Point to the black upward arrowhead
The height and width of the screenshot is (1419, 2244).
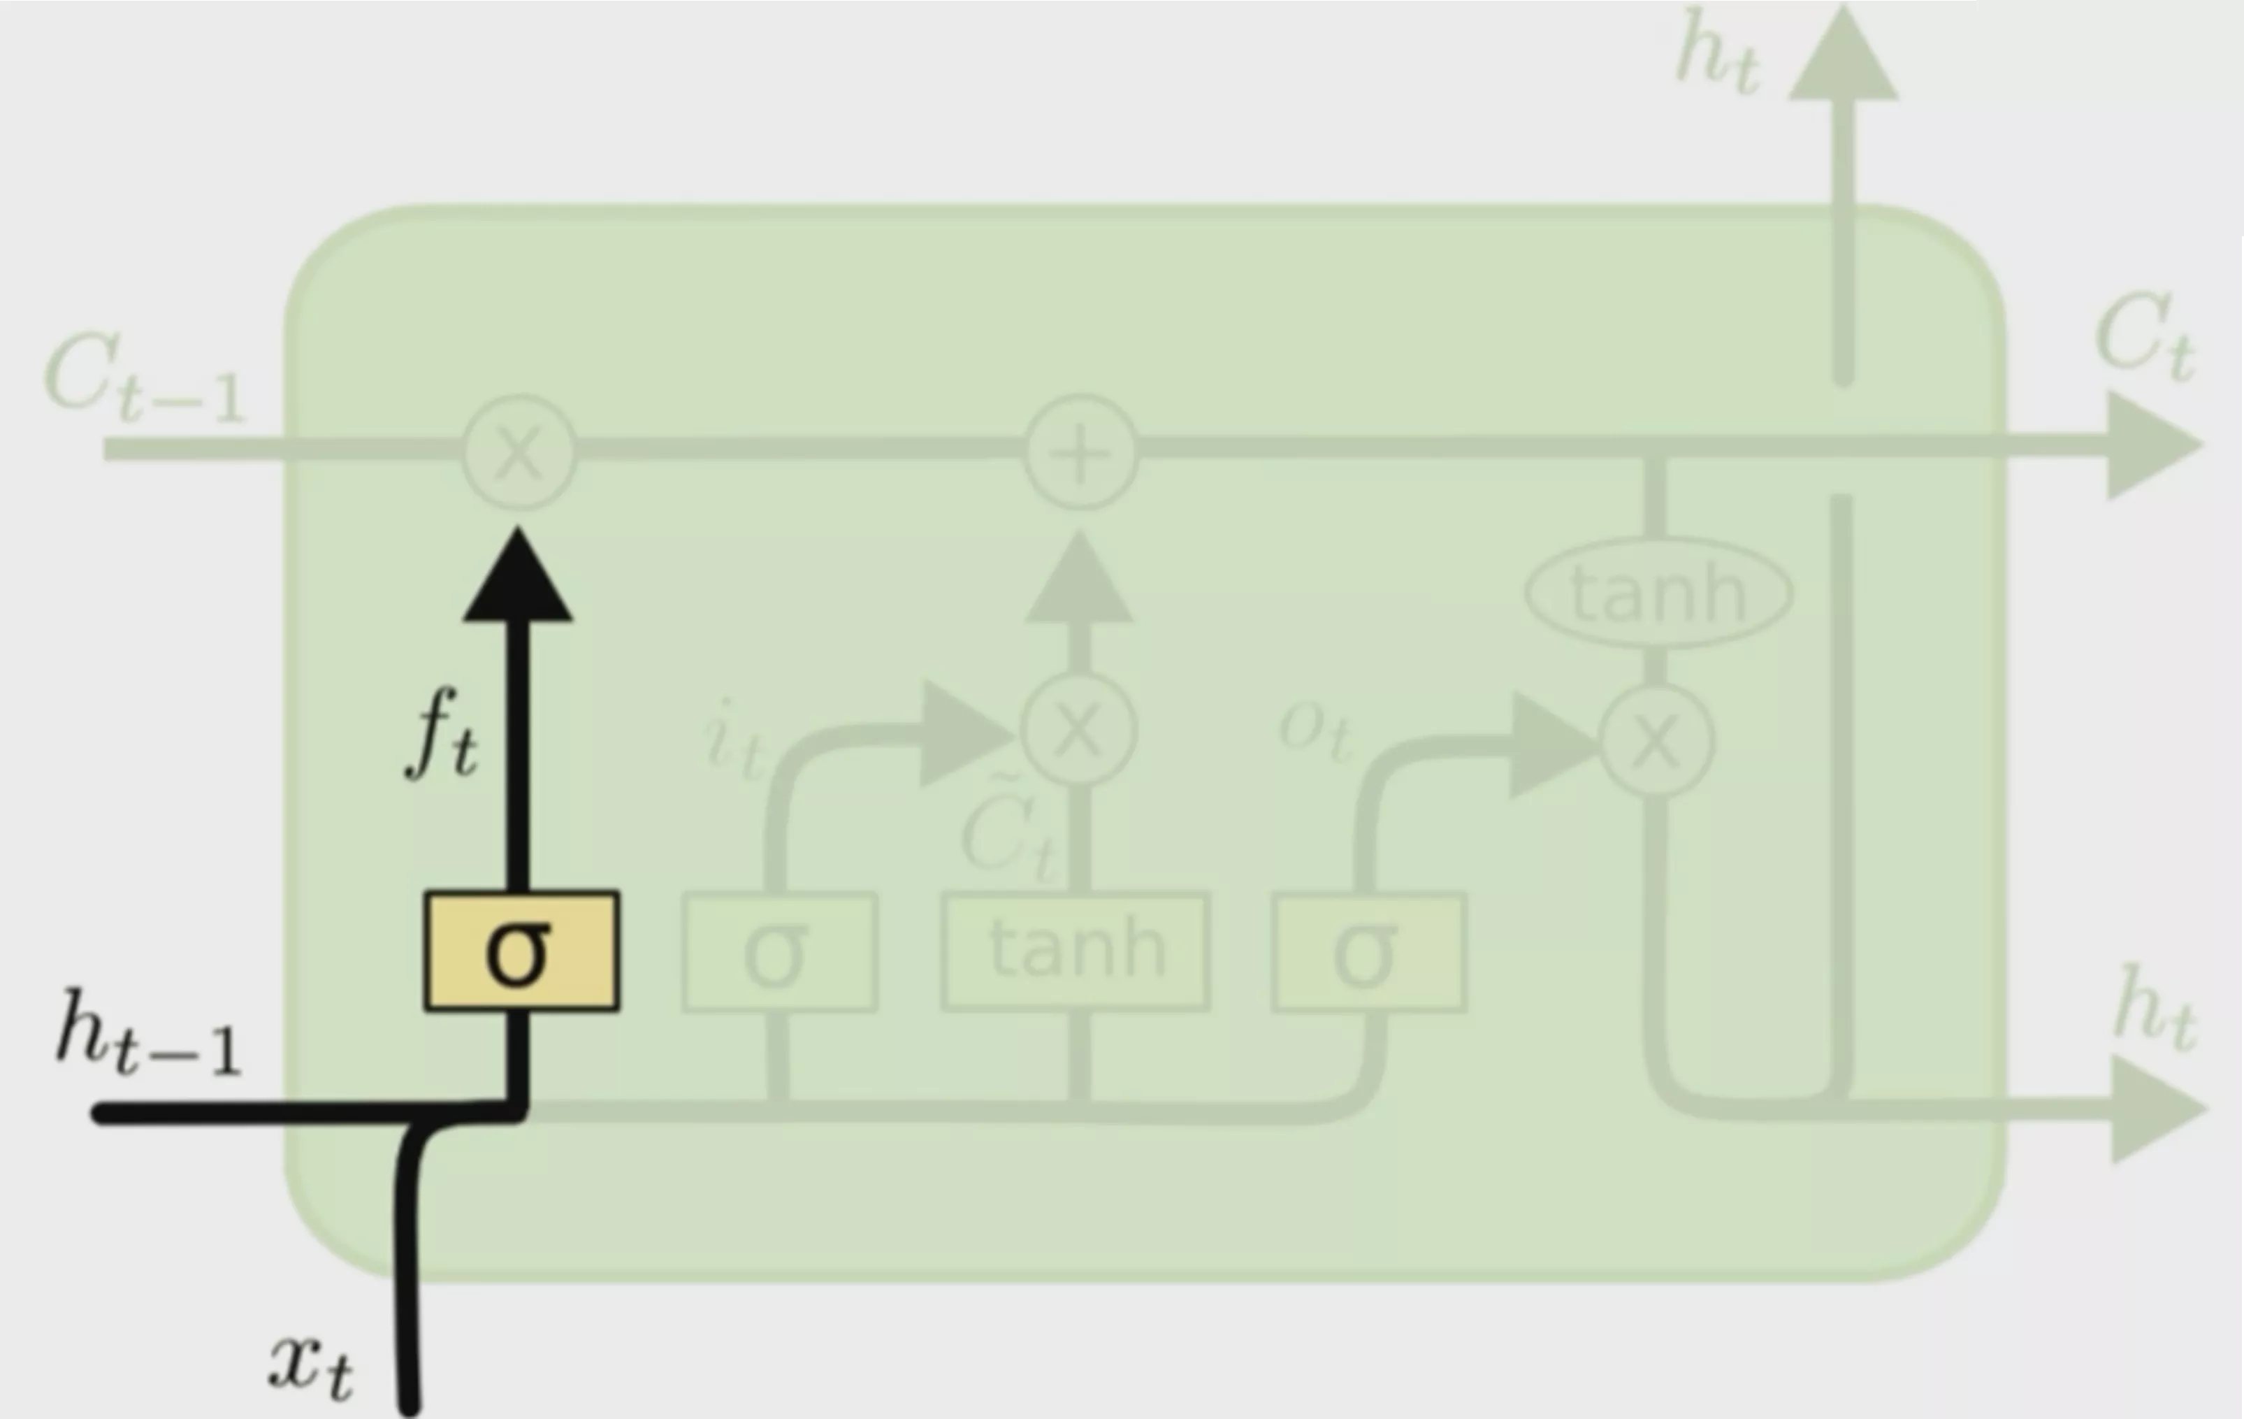click(x=518, y=578)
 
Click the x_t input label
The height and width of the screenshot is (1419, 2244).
click(x=311, y=1365)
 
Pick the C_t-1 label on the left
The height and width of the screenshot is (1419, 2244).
click(x=145, y=377)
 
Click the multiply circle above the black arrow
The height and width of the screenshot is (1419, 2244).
click(x=519, y=452)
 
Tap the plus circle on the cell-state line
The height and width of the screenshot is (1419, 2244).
click(x=1081, y=452)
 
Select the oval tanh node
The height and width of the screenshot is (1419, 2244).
click(x=1659, y=593)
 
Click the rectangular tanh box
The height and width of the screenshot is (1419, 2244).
click(x=1076, y=951)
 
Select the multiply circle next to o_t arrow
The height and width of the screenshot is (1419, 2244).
click(x=1656, y=741)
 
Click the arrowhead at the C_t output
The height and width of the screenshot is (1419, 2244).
click(x=2152, y=446)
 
